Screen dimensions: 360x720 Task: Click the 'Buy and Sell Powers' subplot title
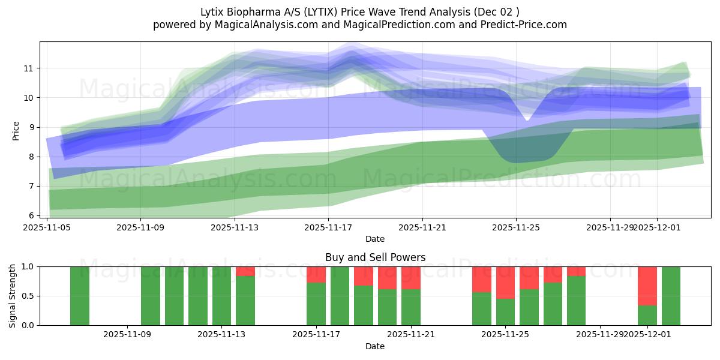click(375, 257)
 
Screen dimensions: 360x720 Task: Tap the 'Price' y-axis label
click(16, 130)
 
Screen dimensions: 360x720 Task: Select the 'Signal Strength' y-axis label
click(13, 296)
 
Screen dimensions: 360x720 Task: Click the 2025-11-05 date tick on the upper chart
click(47, 227)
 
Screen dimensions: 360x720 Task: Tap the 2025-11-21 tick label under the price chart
click(422, 227)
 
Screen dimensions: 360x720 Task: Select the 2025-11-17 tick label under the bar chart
click(316, 335)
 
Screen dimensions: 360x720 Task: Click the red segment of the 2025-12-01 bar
click(647, 286)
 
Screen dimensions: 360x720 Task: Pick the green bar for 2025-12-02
click(671, 296)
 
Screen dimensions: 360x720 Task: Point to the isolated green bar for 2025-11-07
click(80, 296)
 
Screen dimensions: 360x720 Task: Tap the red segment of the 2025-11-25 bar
click(505, 282)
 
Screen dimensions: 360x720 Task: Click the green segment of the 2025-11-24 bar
click(482, 308)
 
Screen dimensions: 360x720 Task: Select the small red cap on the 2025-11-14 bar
click(245, 271)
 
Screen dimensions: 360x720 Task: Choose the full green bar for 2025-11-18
click(340, 296)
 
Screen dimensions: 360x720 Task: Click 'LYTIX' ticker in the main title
click(308, 12)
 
